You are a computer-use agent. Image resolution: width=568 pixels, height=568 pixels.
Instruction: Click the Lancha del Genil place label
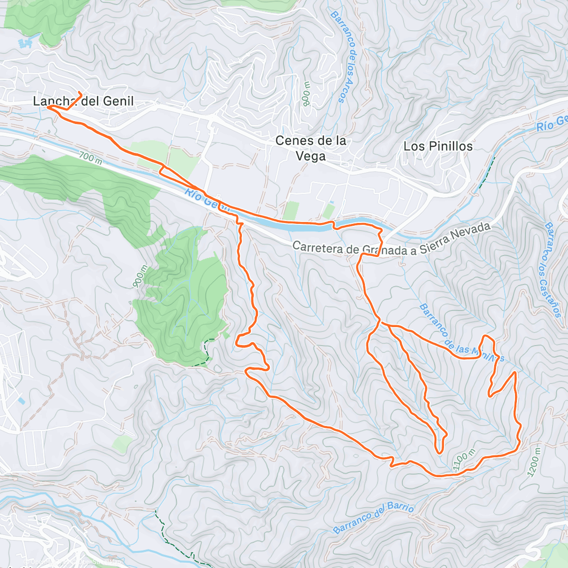[x=83, y=101]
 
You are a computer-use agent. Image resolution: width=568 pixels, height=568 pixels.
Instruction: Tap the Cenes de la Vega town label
[x=311, y=148]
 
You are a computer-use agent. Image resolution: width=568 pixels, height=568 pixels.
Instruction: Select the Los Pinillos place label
[x=438, y=146]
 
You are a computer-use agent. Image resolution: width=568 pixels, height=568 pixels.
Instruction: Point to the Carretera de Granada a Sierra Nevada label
[x=391, y=242]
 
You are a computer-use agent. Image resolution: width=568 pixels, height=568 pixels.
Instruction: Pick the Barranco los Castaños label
[x=552, y=269]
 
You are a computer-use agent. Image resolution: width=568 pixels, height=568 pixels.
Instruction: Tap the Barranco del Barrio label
[x=373, y=518]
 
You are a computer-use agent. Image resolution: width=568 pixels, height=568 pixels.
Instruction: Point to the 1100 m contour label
[x=464, y=459]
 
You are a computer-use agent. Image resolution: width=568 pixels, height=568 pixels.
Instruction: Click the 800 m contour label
[x=306, y=93]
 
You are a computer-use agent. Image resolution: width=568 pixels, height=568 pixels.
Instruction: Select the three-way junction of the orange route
[x=381, y=323]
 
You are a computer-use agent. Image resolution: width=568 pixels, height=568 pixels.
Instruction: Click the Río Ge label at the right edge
[x=552, y=123]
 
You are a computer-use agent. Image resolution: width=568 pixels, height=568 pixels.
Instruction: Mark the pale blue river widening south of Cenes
[x=303, y=227]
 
